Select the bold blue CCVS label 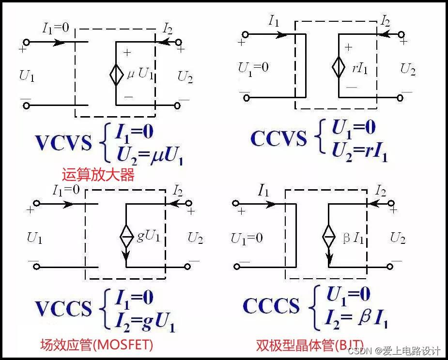[278, 139]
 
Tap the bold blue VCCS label [63, 308]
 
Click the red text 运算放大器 [98, 175]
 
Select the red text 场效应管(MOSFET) [96, 345]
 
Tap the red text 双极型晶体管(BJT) [310, 345]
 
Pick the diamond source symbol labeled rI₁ [339, 68]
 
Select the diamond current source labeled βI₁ [329, 238]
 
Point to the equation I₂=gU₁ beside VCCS [145, 320]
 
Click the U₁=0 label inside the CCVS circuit [253, 68]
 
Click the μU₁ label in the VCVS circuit [140, 75]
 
